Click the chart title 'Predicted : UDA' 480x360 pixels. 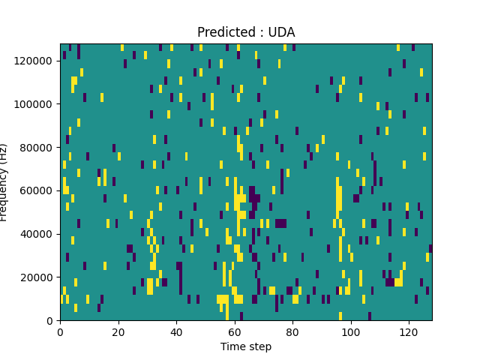coord(246,32)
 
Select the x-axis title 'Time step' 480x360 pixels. coord(246,346)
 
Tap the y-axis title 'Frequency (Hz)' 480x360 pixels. coord(4,182)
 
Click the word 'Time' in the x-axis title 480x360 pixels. coord(232,346)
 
